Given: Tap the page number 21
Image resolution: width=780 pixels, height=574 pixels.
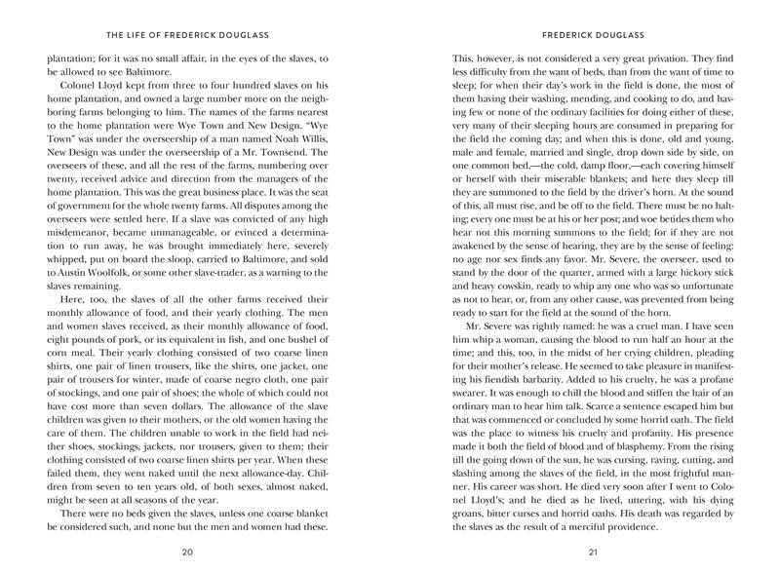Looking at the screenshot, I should [592, 553].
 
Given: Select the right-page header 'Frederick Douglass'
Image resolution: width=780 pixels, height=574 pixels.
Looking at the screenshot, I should [592, 30].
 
